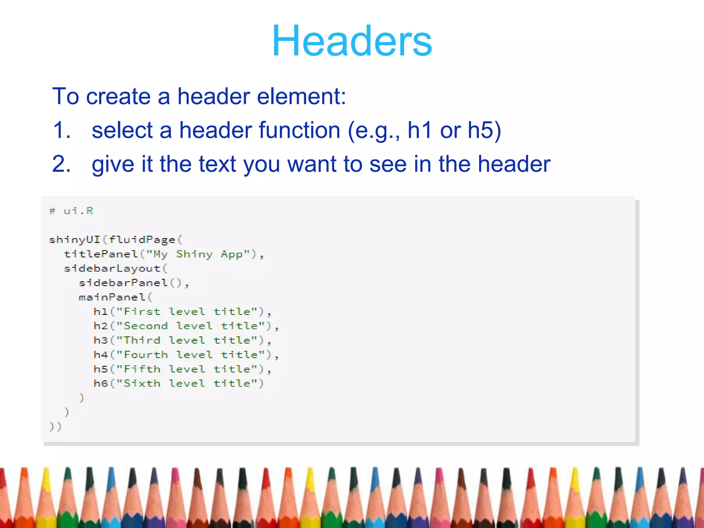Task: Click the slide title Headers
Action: [x=352, y=41]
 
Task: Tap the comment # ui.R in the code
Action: [x=71, y=211]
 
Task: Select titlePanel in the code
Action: [x=101, y=254]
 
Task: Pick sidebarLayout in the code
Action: [x=112, y=268]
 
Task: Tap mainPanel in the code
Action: [x=112, y=297]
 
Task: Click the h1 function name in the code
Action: [x=100, y=312]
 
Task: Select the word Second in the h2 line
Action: [x=145, y=326]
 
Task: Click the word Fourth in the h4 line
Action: [x=145, y=355]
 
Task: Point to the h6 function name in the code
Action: [x=100, y=383]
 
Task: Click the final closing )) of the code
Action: [x=55, y=427]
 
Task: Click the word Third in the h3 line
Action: [x=142, y=340]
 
